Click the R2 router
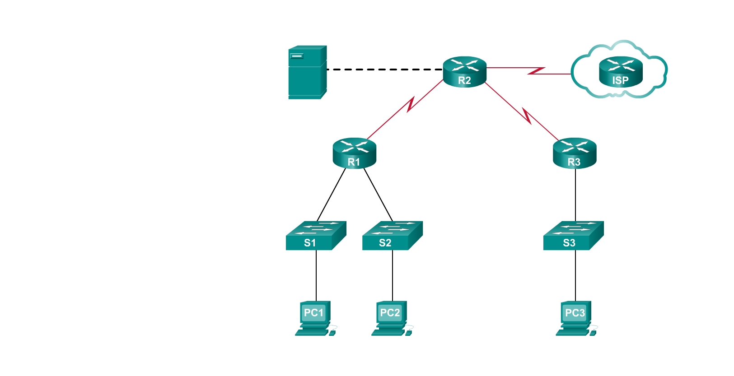(464, 72)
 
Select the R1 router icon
(354, 153)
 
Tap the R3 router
(575, 153)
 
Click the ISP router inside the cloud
(620, 72)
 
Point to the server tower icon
(307, 72)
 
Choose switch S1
(315, 236)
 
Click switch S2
(392, 236)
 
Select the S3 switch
(573, 236)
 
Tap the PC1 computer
(315, 318)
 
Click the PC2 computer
(391, 318)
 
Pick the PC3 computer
(575, 318)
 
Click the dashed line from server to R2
(384, 70)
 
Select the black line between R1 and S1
(331, 195)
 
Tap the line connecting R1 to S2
(379, 195)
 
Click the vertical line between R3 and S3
(575, 195)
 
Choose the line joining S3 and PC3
(575, 275)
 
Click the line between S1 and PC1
(316, 275)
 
